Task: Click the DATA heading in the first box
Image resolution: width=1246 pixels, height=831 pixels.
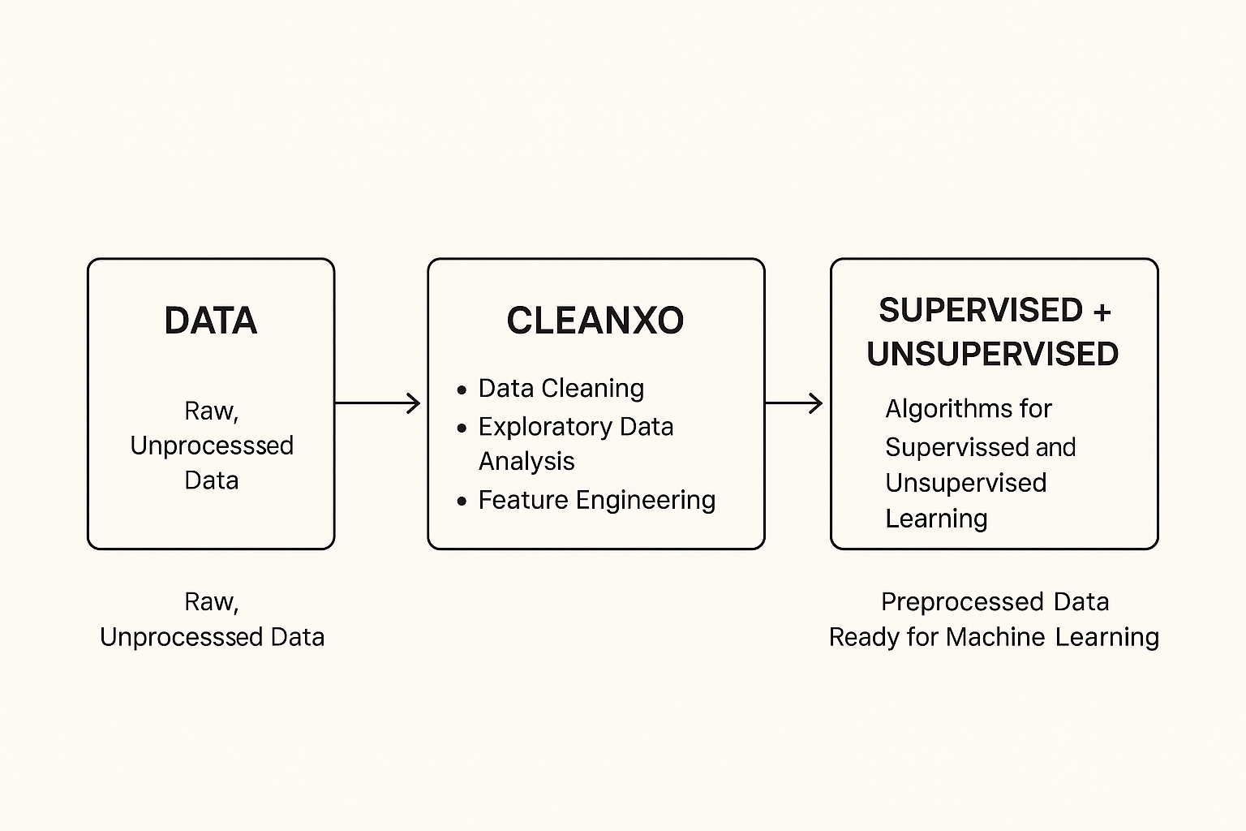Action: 211,321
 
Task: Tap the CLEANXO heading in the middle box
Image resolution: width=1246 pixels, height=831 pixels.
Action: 595,321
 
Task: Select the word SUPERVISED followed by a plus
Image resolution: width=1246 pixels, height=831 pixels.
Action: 981,310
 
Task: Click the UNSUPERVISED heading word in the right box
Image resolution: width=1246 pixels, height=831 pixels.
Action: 993,354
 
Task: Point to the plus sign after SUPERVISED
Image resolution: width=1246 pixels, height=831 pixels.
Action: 1101,312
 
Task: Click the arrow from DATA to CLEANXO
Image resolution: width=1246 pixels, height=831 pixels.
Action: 378,403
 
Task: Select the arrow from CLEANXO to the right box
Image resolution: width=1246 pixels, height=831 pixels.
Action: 794,403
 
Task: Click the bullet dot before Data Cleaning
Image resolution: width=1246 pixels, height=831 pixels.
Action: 462,390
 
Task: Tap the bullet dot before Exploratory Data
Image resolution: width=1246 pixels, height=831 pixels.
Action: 462,428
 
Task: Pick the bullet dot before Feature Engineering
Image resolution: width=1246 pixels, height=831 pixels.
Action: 462,502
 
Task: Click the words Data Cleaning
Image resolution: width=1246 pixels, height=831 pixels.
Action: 561,388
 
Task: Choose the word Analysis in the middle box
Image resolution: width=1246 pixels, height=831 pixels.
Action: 526,461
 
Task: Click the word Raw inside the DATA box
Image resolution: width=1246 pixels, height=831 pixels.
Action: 209,411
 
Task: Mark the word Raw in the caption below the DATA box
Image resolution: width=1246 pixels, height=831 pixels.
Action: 209,601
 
